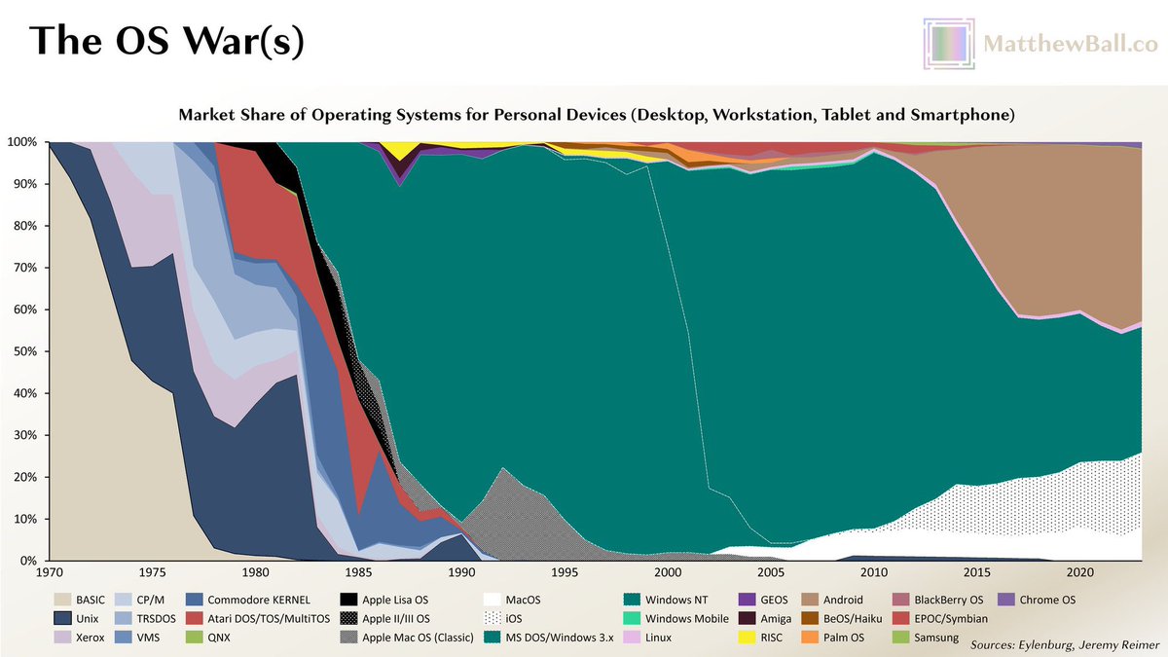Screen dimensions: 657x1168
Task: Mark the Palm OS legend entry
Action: click(827, 639)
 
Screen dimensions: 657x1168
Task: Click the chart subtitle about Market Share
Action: click(597, 115)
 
